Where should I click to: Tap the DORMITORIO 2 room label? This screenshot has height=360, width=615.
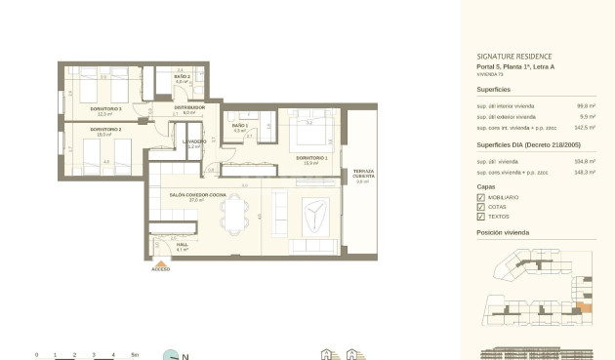click(105, 129)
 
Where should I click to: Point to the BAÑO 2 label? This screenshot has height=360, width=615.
click(182, 76)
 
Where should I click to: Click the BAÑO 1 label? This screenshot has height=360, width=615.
click(240, 126)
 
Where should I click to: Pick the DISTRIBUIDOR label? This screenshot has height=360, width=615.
click(189, 107)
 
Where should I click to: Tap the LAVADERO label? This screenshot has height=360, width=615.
click(193, 141)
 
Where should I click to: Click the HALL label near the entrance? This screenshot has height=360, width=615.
click(181, 245)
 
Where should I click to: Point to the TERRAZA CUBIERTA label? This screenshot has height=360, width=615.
click(362, 173)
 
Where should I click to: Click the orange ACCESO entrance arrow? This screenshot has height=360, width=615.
click(160, 261)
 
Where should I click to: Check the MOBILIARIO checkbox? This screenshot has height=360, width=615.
click(480, 197)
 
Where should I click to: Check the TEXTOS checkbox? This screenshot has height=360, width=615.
click(480, 216)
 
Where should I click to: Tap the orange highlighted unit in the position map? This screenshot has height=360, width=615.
click(585, 308)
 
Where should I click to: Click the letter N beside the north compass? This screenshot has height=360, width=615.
click(185, 356)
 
